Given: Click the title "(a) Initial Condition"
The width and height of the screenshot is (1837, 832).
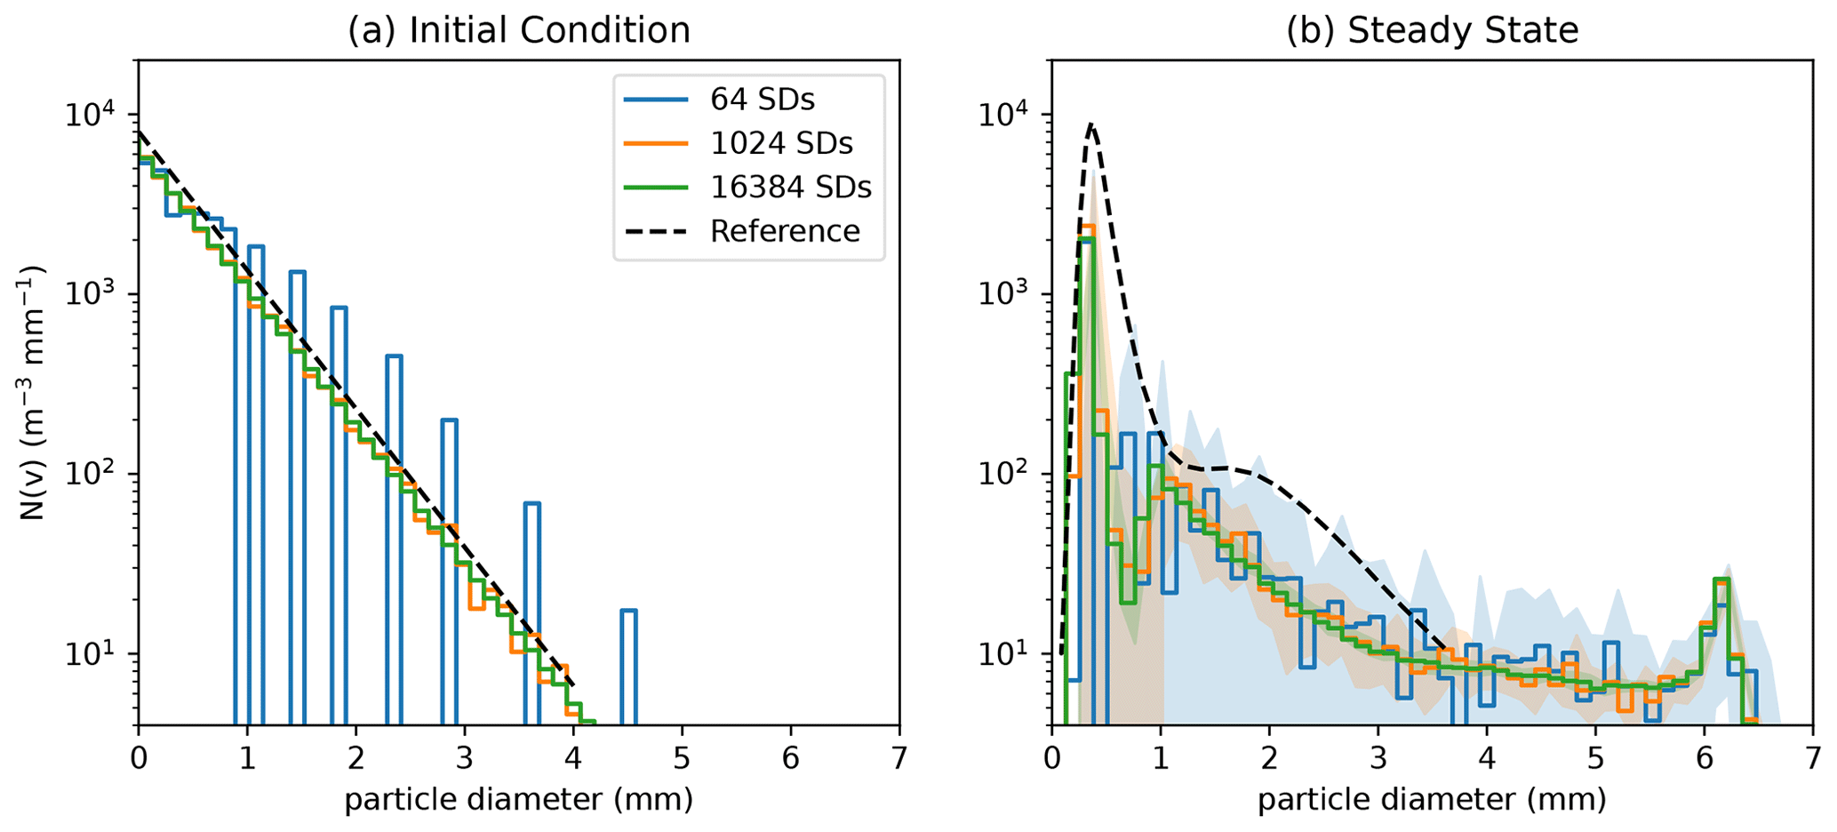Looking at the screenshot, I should click(x=518, y=31).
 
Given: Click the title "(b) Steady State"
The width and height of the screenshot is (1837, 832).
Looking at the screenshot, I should click(x=1432, y=31).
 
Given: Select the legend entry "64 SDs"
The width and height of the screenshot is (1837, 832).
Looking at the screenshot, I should click(x=762, y=100).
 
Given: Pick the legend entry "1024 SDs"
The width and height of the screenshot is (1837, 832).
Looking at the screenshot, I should click(x=781, y=144).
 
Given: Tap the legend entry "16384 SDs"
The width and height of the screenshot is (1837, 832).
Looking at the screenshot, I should click(x=791, y=188).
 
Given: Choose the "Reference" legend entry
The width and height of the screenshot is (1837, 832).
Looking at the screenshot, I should click(x=785, y=231).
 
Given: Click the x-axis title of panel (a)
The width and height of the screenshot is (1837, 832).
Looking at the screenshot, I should click(x=518, y=800).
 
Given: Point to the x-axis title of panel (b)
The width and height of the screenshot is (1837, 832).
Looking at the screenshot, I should click(x=1432, y=800).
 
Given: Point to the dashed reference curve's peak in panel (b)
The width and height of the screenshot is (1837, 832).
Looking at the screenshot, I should click(x=1091, y=125).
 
